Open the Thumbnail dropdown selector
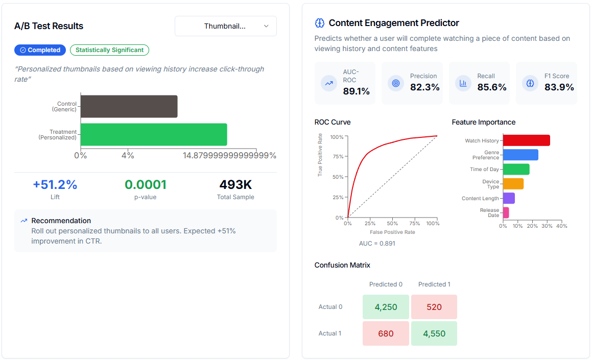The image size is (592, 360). click(x=225, y=26)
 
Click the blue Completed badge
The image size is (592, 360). click(x=40, y=50)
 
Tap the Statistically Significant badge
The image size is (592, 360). click(x=109, y=50)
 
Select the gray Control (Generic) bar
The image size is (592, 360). click(x=129, y=106)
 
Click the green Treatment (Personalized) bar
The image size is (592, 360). click(x=153, y=134)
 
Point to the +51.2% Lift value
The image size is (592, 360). click(x=55, y=185)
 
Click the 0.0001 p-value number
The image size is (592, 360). click(x=146, y=185)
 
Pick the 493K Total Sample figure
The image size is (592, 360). click(x=235, y=185)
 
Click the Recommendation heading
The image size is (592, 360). click(x=61, y=221)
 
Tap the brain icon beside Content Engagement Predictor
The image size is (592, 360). click(x=320, y=23)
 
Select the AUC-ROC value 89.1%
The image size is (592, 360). click(x=357, y=91)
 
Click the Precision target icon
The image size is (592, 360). click(x=395, y=83)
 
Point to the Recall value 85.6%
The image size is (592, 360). click(x=492, y=87)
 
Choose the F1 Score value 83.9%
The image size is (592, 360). click(x=559, y=87)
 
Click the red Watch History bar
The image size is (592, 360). click(x=526, y=140)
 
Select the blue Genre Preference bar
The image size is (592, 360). click(x=520, y=155)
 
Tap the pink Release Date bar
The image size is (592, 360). click(x=506, y=212)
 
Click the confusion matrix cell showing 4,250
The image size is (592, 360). click(x=386, y=307)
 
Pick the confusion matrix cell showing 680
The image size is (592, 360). click(x=386, y=333)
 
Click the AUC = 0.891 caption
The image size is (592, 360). click(x=377, y=244)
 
